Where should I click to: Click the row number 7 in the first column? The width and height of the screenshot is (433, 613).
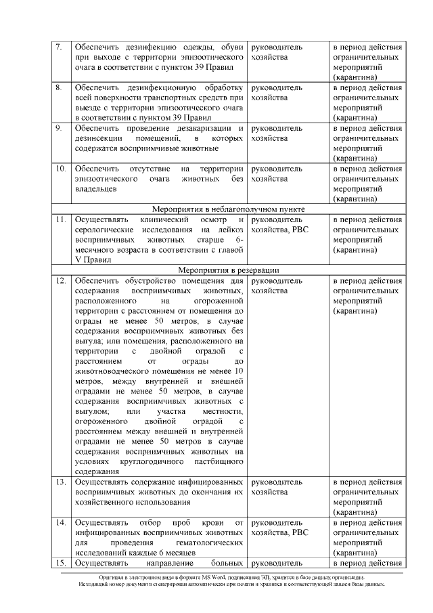point(59,48)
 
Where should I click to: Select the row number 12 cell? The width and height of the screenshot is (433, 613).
point(60,281)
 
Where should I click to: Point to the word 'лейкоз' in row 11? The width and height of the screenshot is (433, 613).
point(230,230)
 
